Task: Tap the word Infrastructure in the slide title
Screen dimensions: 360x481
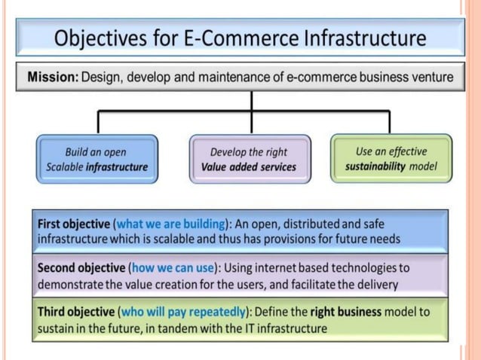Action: tap(362, 38)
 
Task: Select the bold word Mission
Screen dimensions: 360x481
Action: tap(52, 77)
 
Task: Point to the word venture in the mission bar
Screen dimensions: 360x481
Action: tap(433, 77)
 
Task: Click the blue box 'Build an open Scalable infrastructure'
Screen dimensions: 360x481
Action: tap(97, 159)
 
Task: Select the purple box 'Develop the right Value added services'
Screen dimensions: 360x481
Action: tap(249, 159)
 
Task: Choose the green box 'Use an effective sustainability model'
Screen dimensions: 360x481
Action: tap(391, 159)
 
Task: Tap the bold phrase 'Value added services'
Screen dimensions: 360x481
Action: tap(249, 167)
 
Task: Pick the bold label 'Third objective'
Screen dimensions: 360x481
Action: tap(75, 312)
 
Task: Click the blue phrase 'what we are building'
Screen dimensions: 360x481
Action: tap(172, 224)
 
